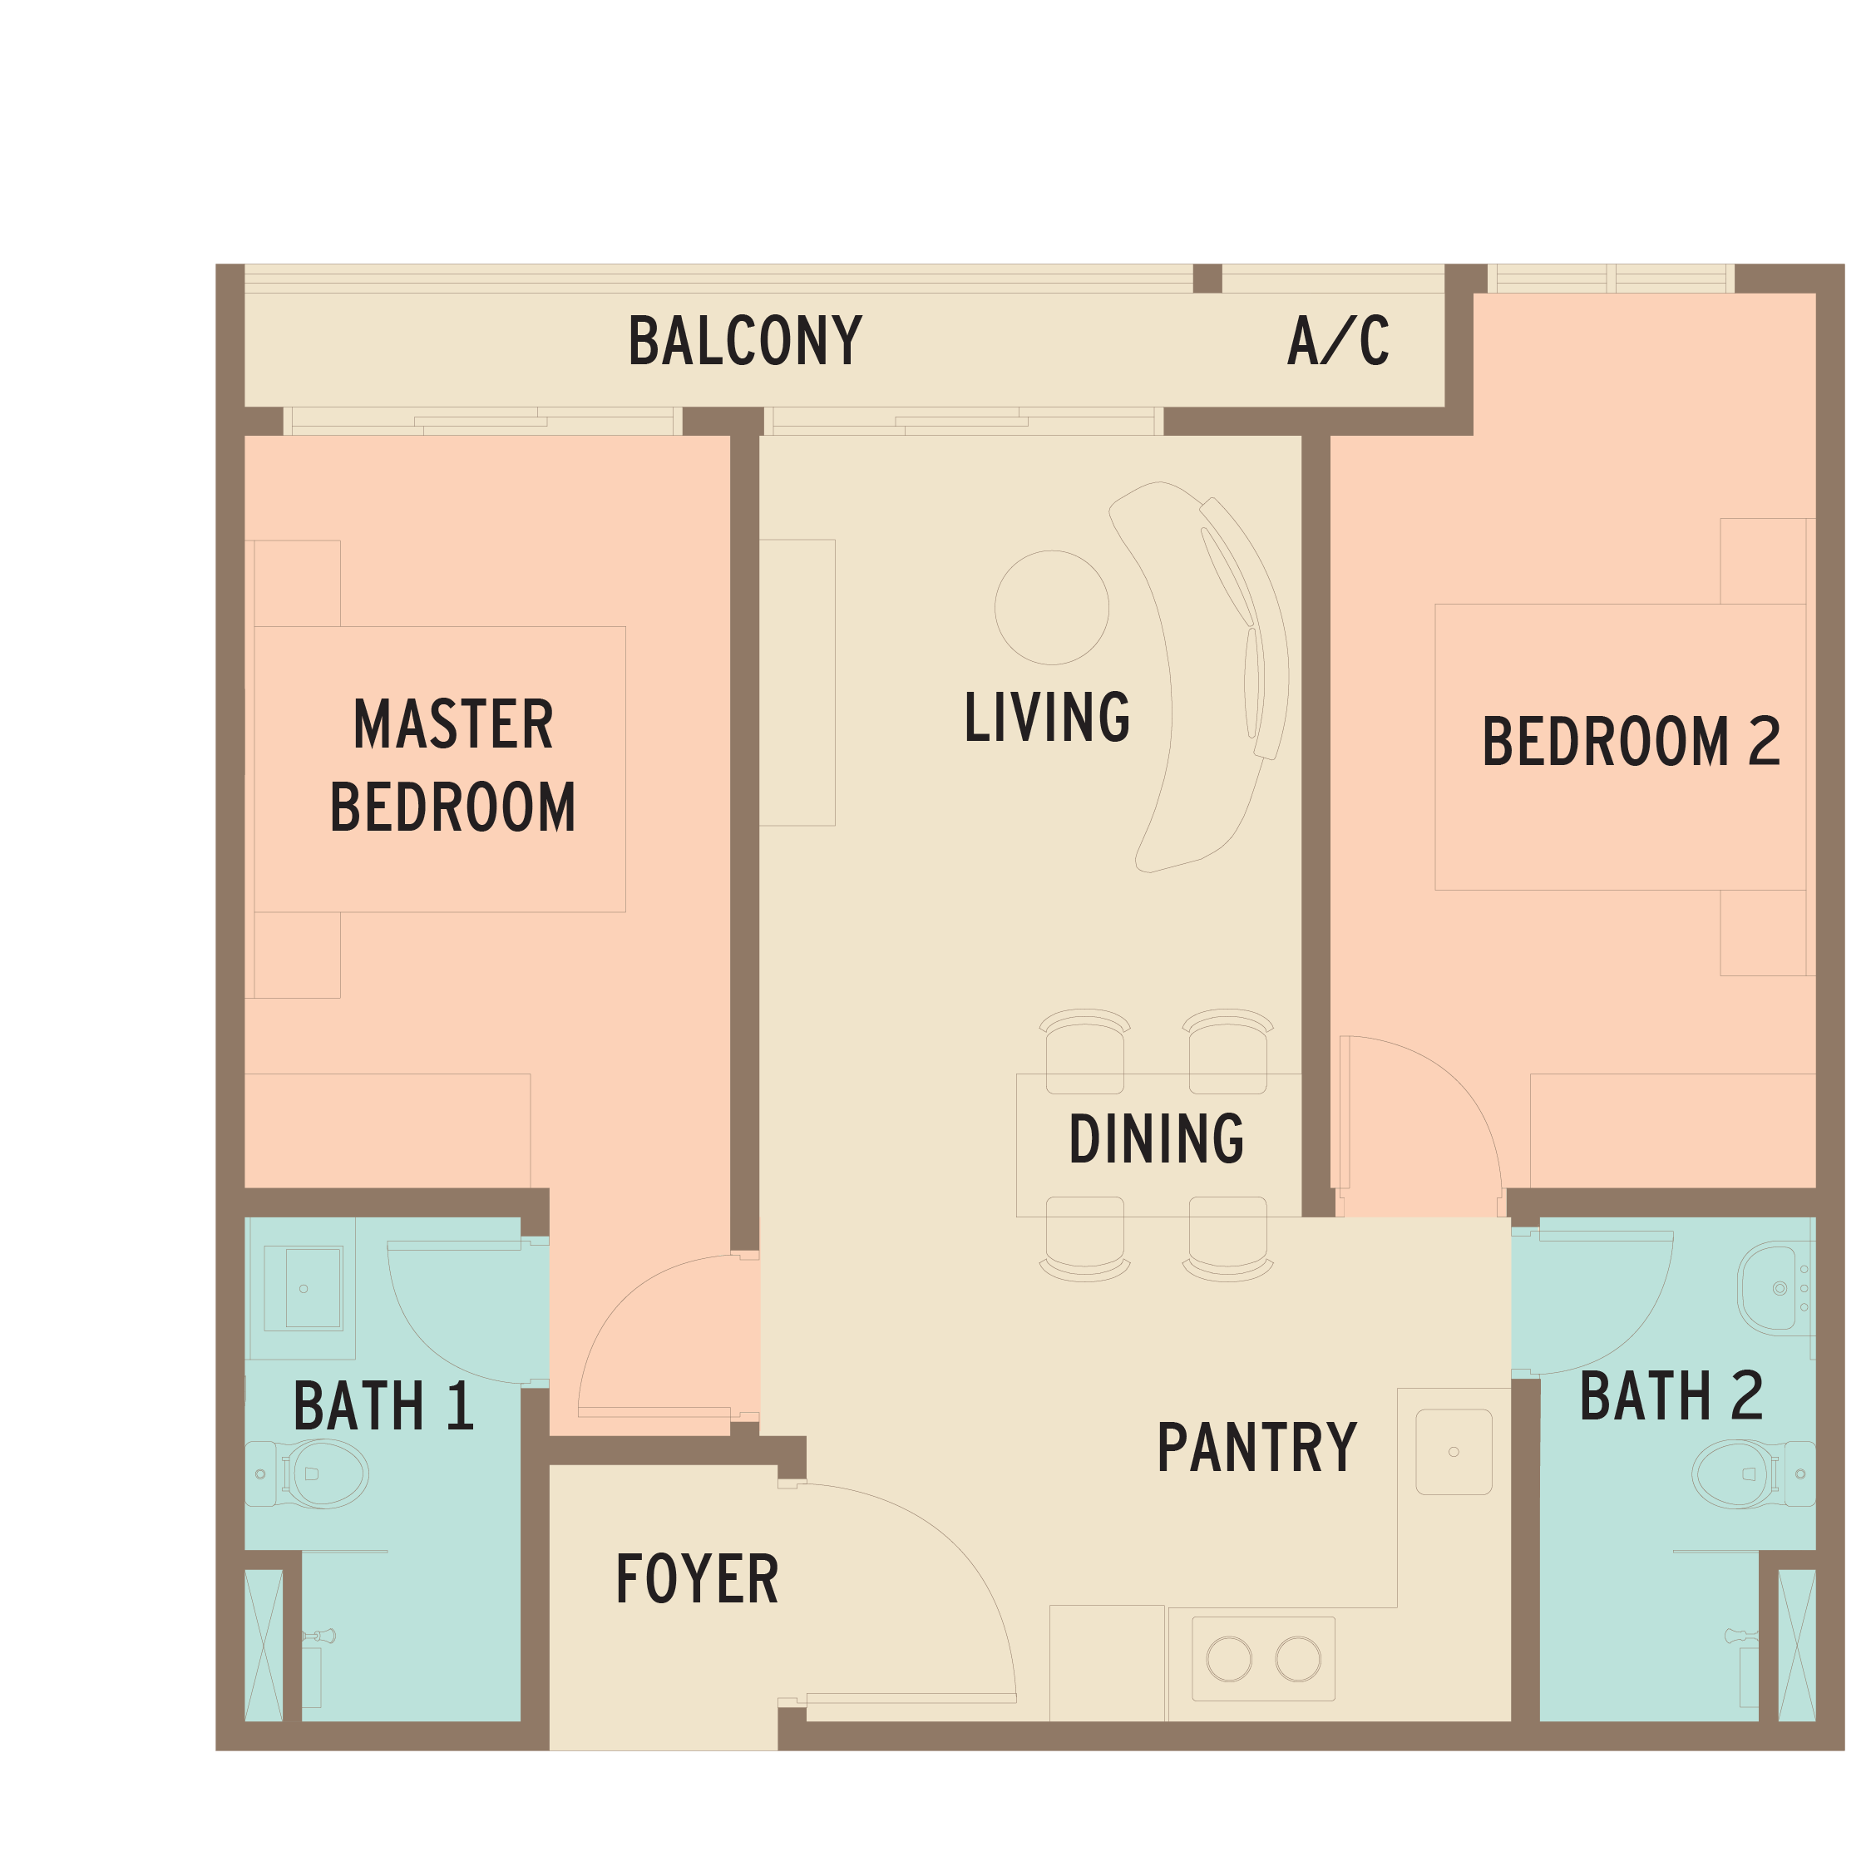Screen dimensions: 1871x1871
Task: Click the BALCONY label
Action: [745, 340]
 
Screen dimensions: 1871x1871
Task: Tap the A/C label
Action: [1338, 340]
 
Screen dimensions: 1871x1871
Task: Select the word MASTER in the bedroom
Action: [453, 724]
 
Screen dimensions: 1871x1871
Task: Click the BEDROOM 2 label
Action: [1631, 741]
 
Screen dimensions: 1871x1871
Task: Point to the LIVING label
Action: [1047, 717]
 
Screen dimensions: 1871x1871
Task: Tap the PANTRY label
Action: [1257, 1448]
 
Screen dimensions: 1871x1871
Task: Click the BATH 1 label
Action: [383, 1406]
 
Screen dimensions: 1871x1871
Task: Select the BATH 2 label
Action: [1671, 1395]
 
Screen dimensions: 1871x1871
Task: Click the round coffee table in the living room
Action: [1052, 607]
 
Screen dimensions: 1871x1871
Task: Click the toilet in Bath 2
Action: [1753, 1474]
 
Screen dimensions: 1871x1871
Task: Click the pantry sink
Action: [1454, 1452]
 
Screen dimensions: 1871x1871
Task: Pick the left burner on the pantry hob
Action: [1229, 1659]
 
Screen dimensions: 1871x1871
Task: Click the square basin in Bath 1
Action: [304, 1289]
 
